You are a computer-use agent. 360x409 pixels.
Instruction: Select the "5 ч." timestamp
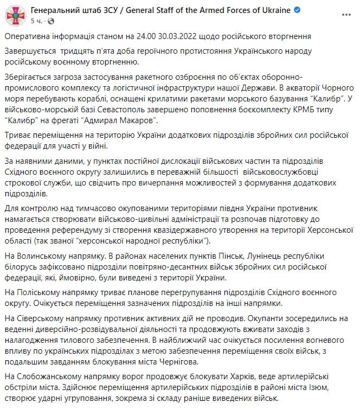(x=36, y=21)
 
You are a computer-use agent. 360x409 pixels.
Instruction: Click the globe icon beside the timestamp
(x=51, y=21)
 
